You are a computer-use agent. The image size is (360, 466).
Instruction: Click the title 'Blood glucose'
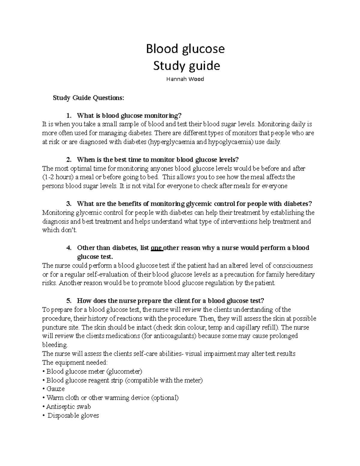185,49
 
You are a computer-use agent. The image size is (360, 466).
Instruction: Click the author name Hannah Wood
185,79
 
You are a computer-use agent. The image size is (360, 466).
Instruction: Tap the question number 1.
69,116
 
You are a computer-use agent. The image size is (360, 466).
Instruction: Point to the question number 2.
69,159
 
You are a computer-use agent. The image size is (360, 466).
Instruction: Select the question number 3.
69,204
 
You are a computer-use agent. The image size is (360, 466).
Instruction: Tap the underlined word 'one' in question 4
156,248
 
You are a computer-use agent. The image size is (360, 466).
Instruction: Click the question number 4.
69,248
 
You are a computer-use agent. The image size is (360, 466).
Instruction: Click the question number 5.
69,301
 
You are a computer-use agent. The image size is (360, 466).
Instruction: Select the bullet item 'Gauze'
55,389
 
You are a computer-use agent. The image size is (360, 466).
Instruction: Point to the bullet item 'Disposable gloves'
73,416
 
